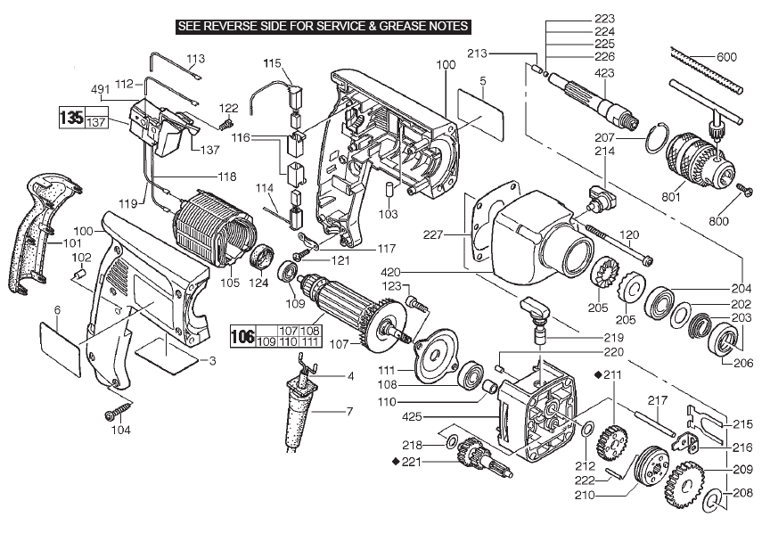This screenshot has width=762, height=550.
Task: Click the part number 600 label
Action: tap(726, 58)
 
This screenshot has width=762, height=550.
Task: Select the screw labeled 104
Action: tap(116, 414)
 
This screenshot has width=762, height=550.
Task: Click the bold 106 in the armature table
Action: tap(242, 337)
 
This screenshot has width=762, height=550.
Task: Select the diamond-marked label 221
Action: tap(411, 462)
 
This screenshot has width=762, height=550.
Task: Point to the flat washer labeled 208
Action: tap(712, 501)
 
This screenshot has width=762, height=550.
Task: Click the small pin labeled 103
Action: tap(389, 189)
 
